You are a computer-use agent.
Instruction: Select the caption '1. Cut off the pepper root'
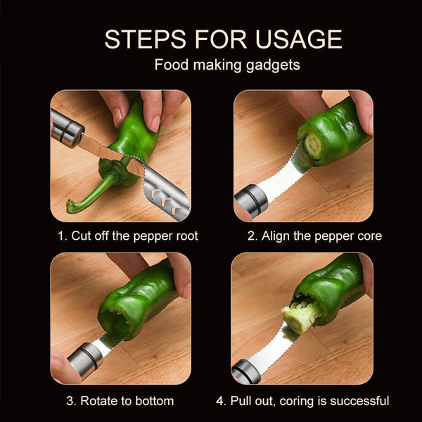[x=127, y=236]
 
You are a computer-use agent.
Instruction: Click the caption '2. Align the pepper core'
[x=314, y=236]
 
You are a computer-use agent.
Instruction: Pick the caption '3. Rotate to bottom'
[x=120, y=401]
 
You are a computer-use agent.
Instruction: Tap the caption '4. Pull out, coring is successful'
[x=302, y=401]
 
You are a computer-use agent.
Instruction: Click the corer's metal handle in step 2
[x=250, y=200]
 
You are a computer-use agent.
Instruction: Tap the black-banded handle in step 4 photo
[x=246, y=369]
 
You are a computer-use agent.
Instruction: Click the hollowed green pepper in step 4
[x=334, y=285]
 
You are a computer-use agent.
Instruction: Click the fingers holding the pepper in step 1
[x=151, y=105]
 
